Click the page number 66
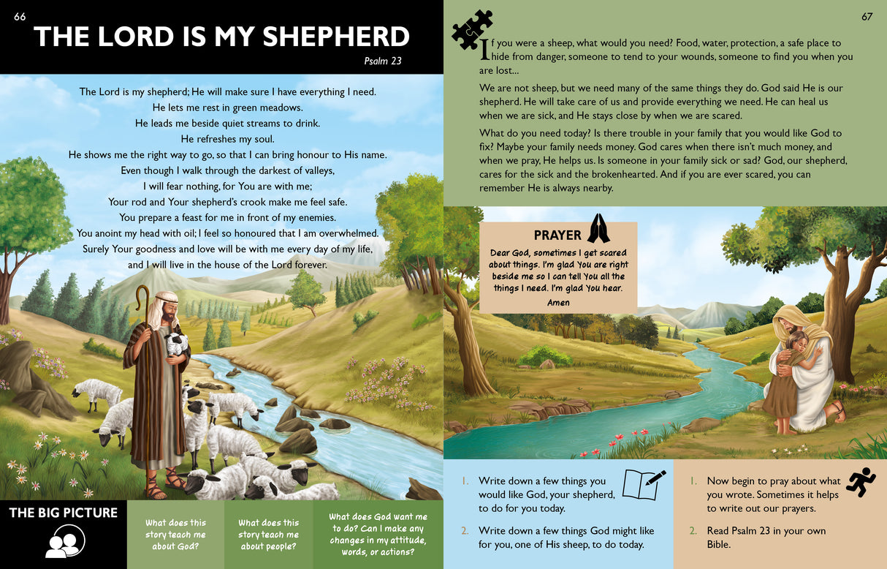tap(20, 17)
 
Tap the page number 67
tap(867, 17)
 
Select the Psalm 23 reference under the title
tap(383, 61)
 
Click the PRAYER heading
tap(557, 235)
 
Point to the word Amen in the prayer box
tap(558, 302)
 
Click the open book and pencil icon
tap(644, 483)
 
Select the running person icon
tap(860, 482)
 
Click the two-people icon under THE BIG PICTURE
tap(65, 542)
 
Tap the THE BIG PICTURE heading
tap(63, 513)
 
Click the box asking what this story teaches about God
tap(175, 535)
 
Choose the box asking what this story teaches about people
tap(268, 535)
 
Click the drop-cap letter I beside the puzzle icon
tap(484, 50)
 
